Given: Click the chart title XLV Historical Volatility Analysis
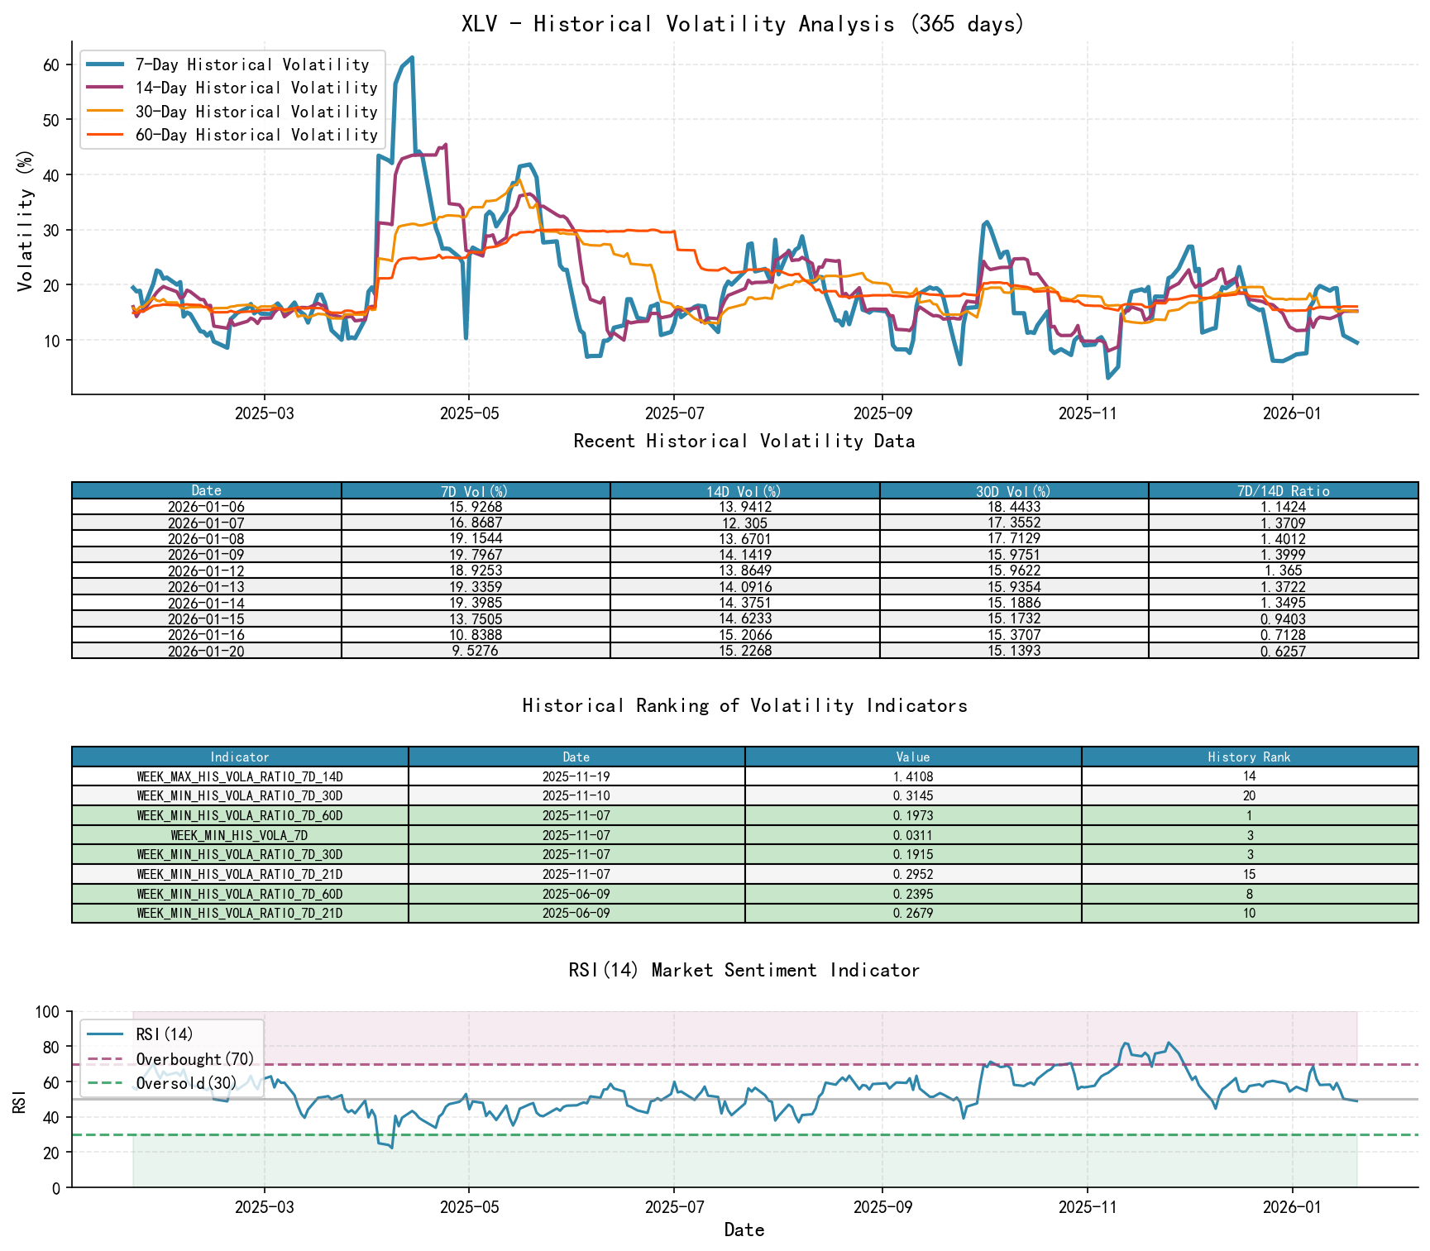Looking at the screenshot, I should coord(743,23).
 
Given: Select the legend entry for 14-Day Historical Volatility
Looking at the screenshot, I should coord(256,88).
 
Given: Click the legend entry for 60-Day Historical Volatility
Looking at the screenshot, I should coord(256,135).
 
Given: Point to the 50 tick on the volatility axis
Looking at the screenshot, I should coord(51,120).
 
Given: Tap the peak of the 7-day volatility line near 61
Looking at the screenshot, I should coord(412,58).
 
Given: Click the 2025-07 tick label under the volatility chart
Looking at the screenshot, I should coord(673,413).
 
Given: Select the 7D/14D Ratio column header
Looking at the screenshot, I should coord(1283,491).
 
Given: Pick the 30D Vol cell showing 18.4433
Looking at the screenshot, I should coord(1014,507).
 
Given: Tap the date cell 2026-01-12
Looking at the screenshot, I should coord(207,571).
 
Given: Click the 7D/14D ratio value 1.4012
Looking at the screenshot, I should coord(1283,539).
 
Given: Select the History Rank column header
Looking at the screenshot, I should coord(1249,757).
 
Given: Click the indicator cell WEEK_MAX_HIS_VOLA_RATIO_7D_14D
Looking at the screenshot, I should coord(240,776).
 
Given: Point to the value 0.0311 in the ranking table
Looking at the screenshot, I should coord(913,835).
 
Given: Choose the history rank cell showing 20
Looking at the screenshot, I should coord(1249,796).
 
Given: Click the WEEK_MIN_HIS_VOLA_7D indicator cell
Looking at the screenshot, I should coord(240,835).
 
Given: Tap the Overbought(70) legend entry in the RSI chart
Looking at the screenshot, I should coord(195,1059).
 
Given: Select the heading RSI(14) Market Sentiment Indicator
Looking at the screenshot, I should coord(744,970).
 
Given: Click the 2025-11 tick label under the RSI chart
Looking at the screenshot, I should coord(1087,1206).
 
